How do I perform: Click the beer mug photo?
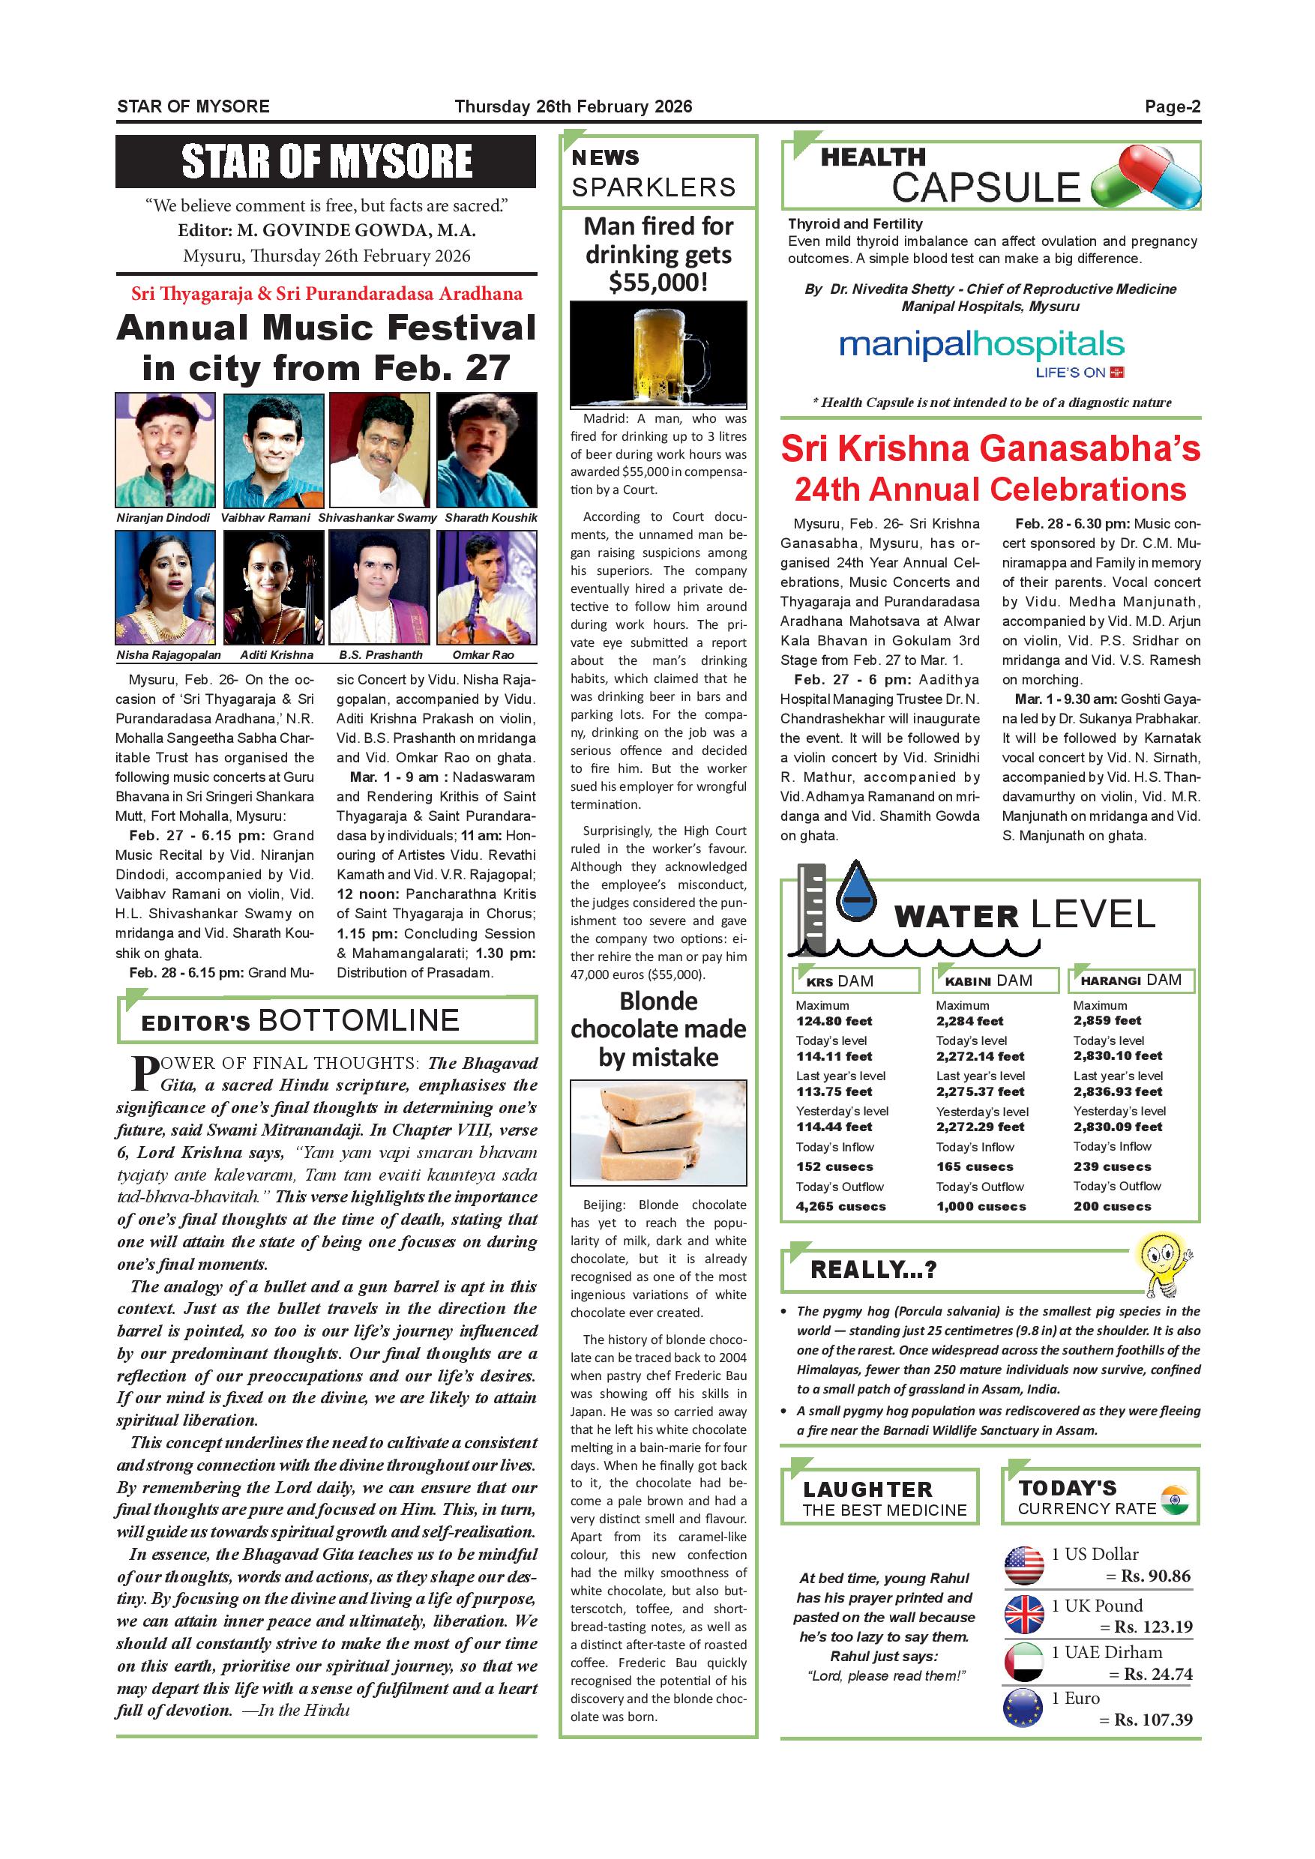pyautogui.click(x=658, y=354)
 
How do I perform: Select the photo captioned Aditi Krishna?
pyautogui.click(x=274, y=587)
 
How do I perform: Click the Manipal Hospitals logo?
pyautogui.click(x=981, y=352)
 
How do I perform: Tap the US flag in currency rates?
pyautogui.click(x=1023, y=1565)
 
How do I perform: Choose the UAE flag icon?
pyautogui.click(x=1023, y=1660)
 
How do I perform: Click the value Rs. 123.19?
pyautogui.click(x=1153, y=1627)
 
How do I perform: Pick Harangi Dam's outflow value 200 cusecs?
pyautogui.click(x=1112, y=1205)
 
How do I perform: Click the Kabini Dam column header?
pyautogui.click(x=995, y=980)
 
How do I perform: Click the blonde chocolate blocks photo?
pyautogui.click(x=658, y=1132)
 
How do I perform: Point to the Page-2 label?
pyautogui.click(x=1172, y=107)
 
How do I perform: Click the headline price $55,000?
pyautogui.click(x=658, y=283)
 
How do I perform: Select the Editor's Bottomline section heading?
pyautogui.click(x=301, y=1020)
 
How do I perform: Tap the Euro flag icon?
pyautogui.click(x=1023, y=1708)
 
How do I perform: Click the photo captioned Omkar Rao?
pyautogui.click(x=486, y=587)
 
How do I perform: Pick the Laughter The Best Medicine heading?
pyautogui.click(x=880, y=1498)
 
